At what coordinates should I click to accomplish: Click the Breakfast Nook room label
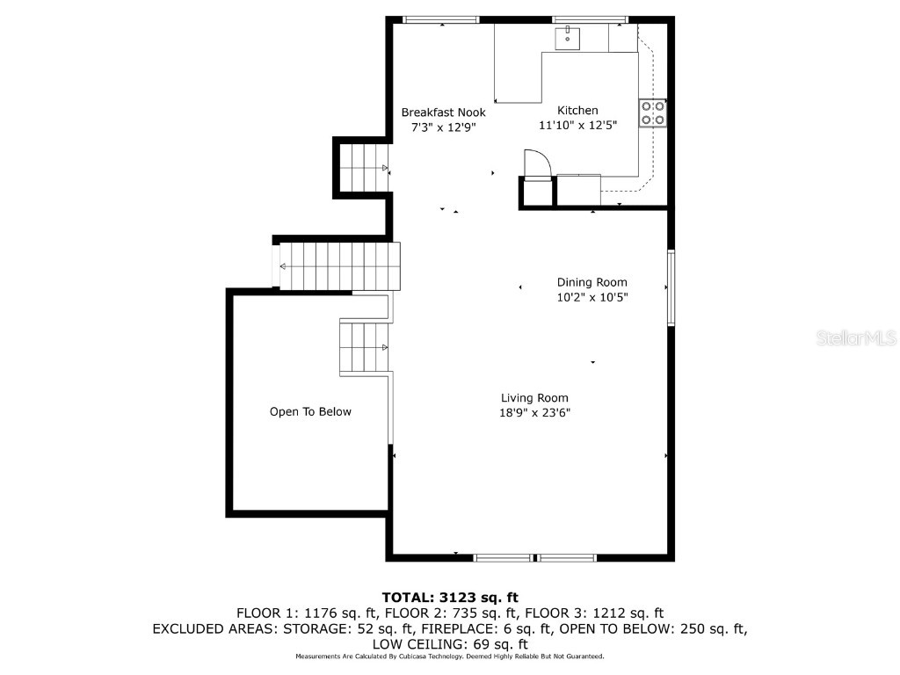pyautogui.click(x=443, y=112)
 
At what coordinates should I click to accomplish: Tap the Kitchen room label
pyautogui.click(x=577, y=110)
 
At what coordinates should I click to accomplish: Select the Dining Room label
pyautogui.click(x=592, y=282)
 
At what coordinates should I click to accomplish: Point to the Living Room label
pyautogui.click(x=534, y=398)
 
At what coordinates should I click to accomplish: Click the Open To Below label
pyautogui.click(x=310, y=411)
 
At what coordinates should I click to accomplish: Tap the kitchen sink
pyautogui.click(x=567, y=39)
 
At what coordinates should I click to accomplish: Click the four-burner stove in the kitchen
pyautogui.click(x=653, y=113)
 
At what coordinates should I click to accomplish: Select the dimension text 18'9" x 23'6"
pyautogui.click(x=534, y=413)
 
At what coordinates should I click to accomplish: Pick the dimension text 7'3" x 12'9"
pyautogui.click(x=443, y=127)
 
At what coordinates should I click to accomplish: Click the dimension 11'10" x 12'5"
pyautogui.click(x=577, y=125)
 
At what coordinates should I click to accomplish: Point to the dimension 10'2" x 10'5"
pyautogui.click(x=592, y=297)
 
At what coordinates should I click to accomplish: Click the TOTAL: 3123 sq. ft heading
pyautogui.click(x=450, y=598)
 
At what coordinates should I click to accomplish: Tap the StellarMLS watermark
pyautogui.click(x=856, y=337)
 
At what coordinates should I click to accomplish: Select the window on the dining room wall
pyautogui.click(x=671, y=287)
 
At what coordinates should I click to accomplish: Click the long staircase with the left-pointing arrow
pyautogui.click(x=339, y=266)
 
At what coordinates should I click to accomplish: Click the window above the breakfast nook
pyautogui.click(x=441, y=19)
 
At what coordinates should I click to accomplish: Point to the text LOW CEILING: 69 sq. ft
pyautogui.click(x=450, y=644)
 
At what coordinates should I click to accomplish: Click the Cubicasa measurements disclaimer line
pyautogui.click(x=450, y=656)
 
